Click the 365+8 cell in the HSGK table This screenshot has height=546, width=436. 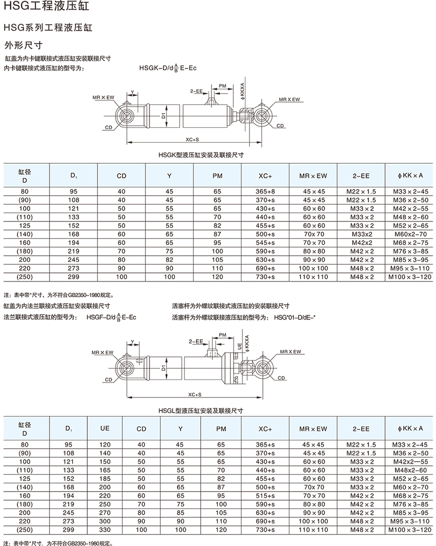pos(266,191)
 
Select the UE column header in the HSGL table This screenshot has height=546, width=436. pos(105,428)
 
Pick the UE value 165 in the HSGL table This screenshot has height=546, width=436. pos(105,470)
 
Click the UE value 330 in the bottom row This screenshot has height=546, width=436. pos(105,530)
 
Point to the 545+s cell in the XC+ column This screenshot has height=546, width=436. pos(266,243)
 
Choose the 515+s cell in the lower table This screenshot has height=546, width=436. pos(265,496)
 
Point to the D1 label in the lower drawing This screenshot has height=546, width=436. pos(163,368)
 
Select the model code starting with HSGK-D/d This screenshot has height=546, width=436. pos(168,69)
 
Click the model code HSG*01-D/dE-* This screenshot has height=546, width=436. pos(295,317)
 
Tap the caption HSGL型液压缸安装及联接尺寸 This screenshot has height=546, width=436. pos(201,411)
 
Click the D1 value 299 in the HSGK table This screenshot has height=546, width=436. pos(74,277)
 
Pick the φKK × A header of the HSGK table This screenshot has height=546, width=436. pos(410,176)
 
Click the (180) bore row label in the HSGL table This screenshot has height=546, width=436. pos(24,504)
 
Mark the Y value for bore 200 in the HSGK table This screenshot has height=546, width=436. pos(169,260)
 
